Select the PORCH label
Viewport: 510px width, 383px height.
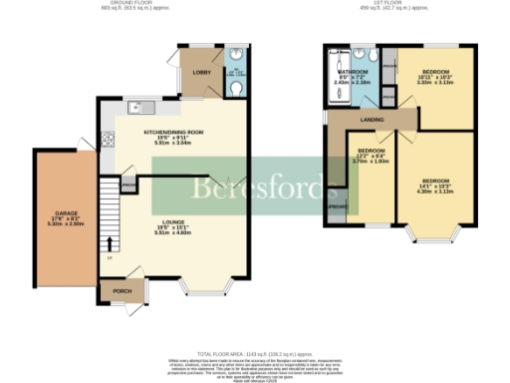click(123, 291)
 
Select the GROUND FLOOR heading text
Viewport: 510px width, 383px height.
click(127, 4)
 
